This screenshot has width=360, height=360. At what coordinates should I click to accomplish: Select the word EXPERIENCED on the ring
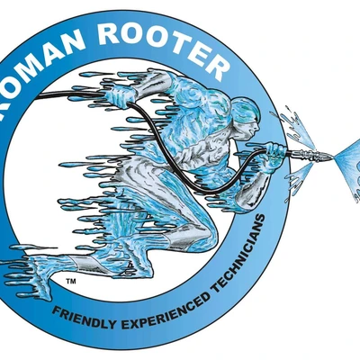167,313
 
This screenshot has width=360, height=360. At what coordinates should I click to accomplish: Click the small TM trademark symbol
71,282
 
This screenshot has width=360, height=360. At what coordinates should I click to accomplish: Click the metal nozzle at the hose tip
312,154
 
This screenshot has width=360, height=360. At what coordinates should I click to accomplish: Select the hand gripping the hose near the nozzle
273,152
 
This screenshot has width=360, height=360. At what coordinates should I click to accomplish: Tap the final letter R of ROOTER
214,67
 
